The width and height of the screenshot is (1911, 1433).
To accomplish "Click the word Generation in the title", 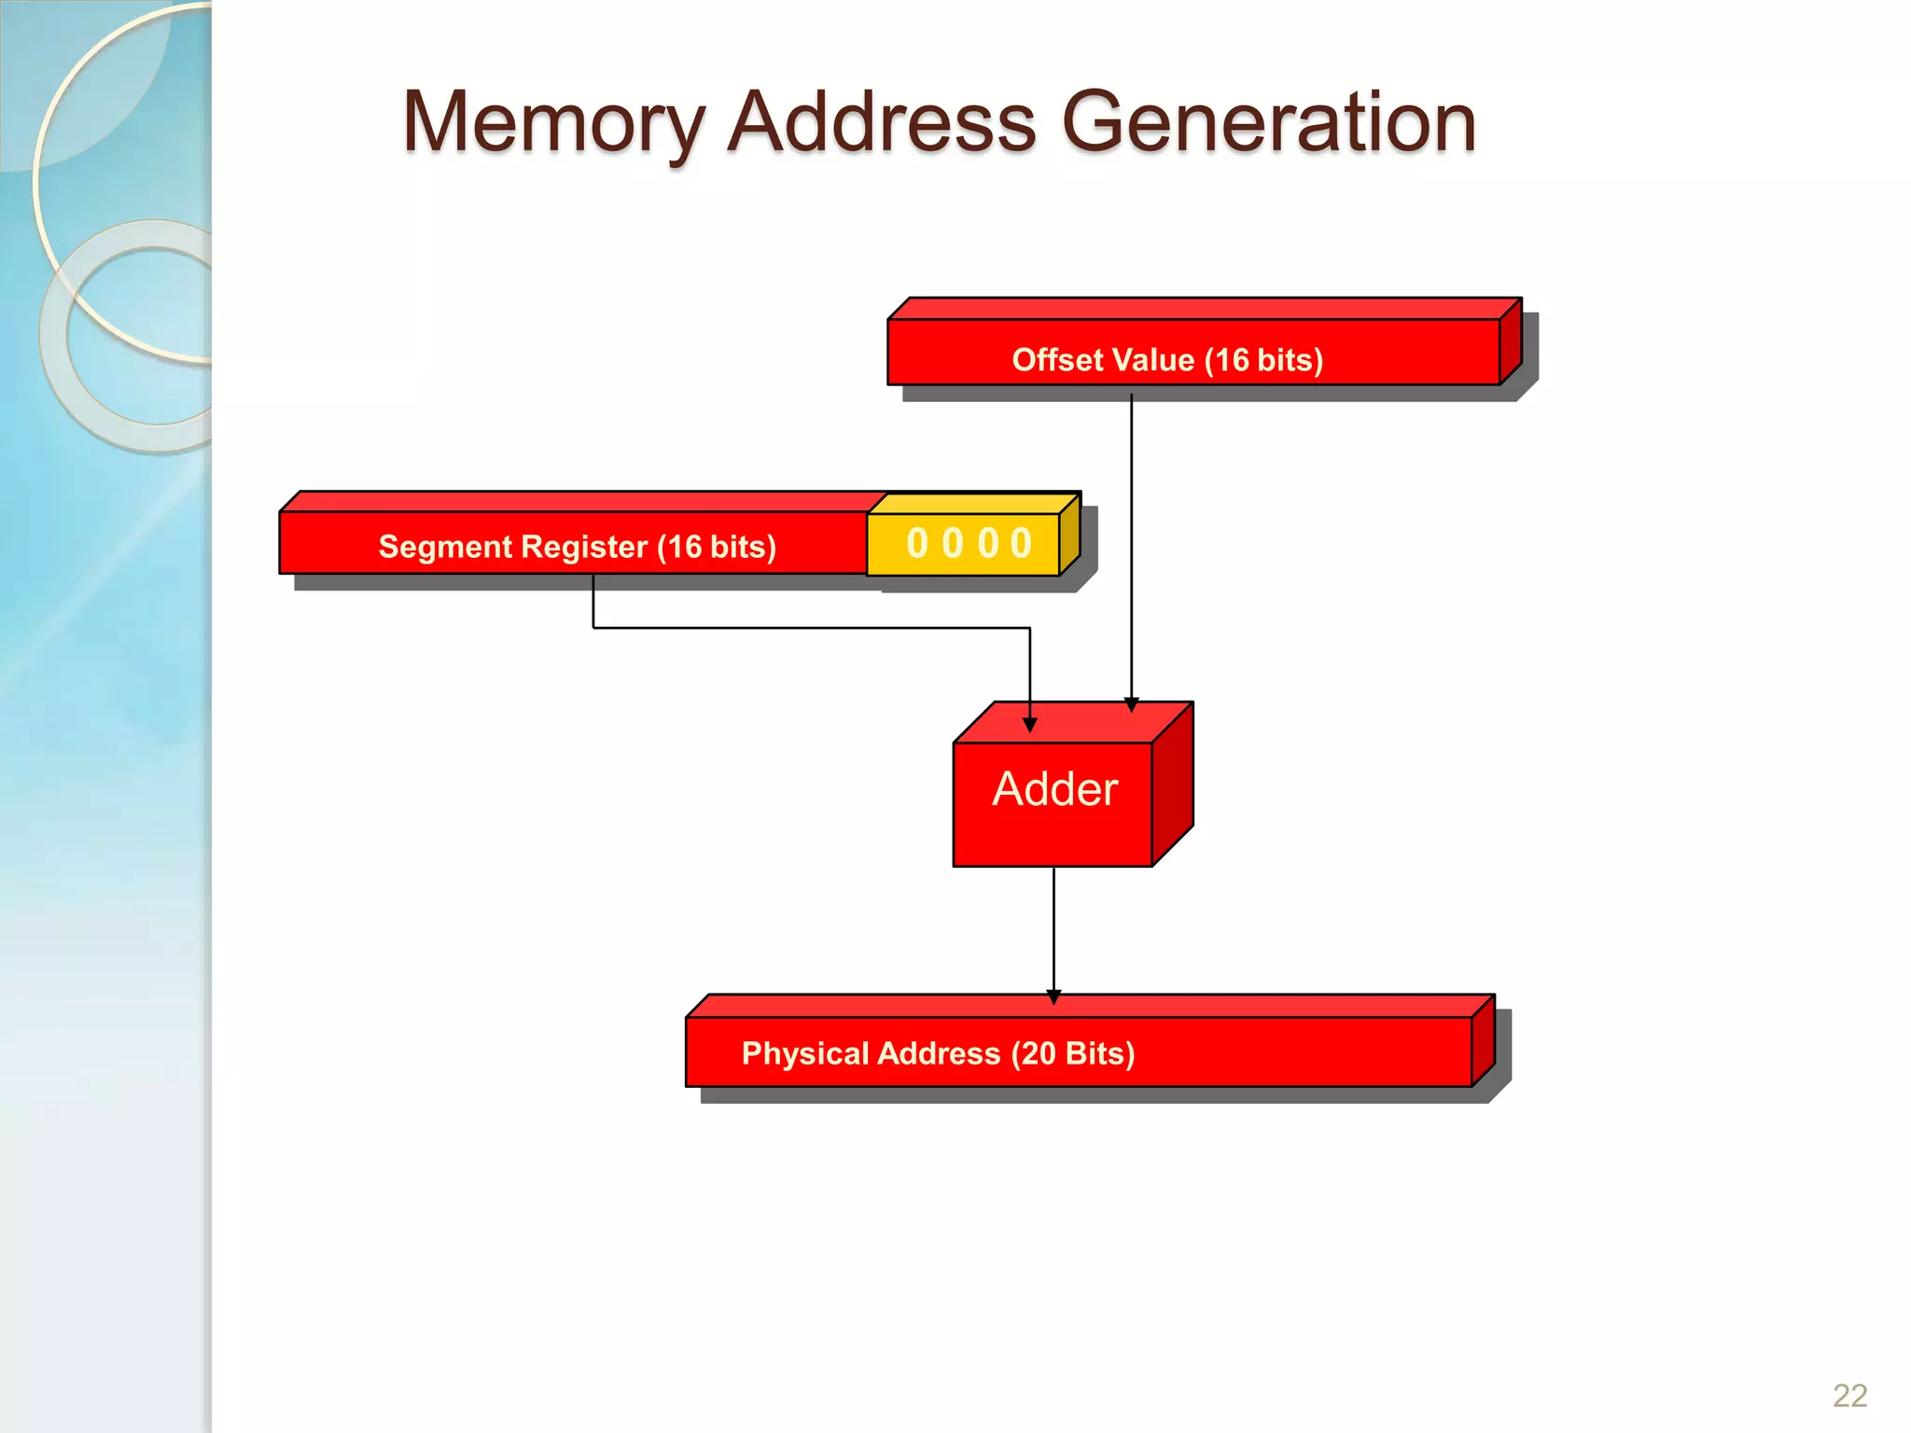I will (x=1269, y=123).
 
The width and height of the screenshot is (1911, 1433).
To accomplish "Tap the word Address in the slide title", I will (x=882, y=123).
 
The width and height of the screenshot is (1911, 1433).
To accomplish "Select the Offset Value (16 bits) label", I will (x=1167, y=360).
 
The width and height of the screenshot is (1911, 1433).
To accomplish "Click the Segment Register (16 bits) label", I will (x=577, y=547).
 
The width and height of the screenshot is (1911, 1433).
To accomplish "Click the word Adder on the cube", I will (x=1054, y=789).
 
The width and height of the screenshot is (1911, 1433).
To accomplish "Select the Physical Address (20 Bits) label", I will (x=938, y=1053).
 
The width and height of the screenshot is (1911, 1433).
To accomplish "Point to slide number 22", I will (x=1849, y=1396).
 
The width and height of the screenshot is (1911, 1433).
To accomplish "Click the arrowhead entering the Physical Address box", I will (x=1053, y=996).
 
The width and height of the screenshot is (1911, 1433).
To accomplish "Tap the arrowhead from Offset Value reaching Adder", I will (x=1131, y=704).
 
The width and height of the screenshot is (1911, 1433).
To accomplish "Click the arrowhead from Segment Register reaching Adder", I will (x=1030, y=725).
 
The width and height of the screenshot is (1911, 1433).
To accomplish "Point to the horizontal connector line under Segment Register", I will (x=812, y=628).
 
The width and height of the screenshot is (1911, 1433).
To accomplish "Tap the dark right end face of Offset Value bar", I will (x=1511, y=343).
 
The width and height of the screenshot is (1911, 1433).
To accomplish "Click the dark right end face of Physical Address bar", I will (x=1483, y=1043).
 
